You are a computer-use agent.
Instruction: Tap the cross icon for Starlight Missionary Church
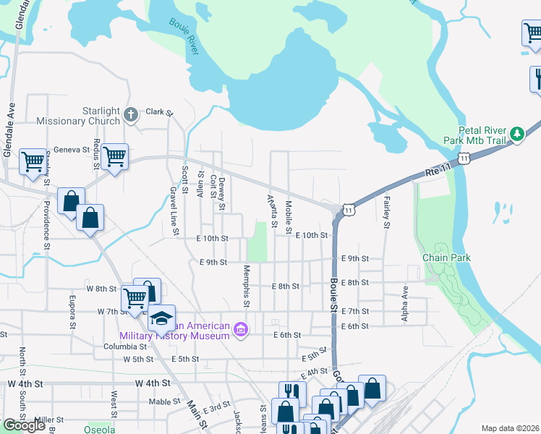click(x=130, y=114)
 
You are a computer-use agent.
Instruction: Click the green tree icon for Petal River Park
click(x=516, y=134)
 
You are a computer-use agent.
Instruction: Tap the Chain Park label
click(x=446, y=258)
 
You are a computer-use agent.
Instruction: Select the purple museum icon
click(x=242, y=331)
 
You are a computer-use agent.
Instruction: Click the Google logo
click(x=24, y=425)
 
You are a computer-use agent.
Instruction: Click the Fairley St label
click(x=387, y=212)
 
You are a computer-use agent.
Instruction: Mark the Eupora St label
click(x=72, y=310)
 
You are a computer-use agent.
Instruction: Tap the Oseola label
click(x=98, y=430)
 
